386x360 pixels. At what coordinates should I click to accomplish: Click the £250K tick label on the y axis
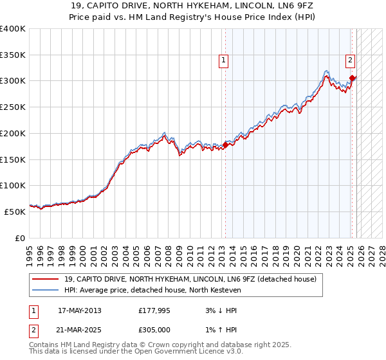13,107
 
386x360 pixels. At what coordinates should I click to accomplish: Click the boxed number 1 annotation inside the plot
223,61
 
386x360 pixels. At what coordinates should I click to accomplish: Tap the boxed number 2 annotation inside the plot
350,61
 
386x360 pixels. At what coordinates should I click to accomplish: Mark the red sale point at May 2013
225,145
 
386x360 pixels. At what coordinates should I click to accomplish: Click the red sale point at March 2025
352,78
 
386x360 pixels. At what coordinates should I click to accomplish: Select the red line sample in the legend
45,279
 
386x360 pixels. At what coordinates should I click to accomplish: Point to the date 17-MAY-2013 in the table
80,311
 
